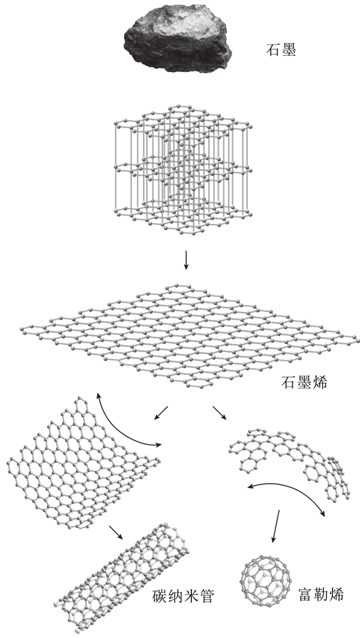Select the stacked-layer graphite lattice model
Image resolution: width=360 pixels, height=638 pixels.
point(182,169)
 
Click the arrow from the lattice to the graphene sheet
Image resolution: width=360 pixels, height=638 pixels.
point(186,260)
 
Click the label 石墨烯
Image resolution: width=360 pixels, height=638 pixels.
point(304,382)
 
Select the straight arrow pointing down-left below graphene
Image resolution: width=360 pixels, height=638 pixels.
point(161,412)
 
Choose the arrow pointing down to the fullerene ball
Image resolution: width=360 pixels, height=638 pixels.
point(276,526)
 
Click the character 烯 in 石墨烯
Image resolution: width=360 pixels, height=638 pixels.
point(319,382)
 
